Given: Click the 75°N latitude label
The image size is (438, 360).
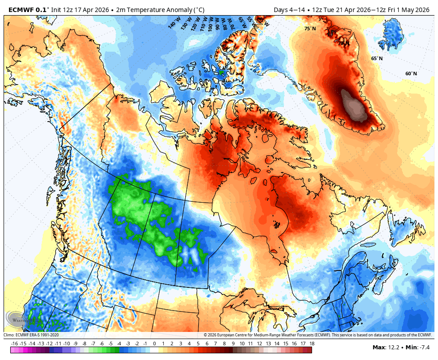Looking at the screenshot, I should [x=310, y=29].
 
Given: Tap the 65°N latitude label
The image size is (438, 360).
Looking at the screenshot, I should [x=377, y=58].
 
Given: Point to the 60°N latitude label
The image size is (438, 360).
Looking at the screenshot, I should [x=411, y=74].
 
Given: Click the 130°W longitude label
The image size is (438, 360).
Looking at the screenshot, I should [x=186, y=22].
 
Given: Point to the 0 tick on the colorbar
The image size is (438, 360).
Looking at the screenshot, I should [x=154, y=344].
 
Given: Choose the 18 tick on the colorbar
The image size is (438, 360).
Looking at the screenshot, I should [x=312, y=344].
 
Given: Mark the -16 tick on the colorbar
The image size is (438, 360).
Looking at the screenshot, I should [x=15, y=344].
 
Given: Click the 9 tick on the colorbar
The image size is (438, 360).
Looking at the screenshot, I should [x=233, y=344].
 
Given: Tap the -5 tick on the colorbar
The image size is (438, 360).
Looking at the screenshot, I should [x=110, y=344].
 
